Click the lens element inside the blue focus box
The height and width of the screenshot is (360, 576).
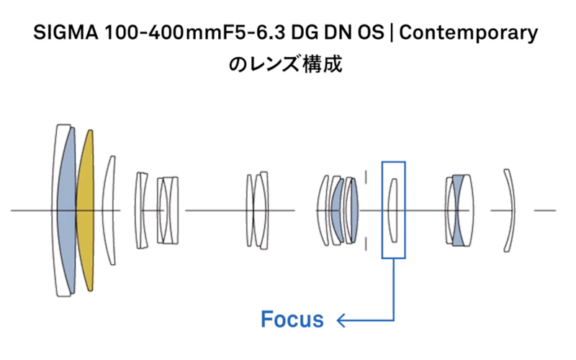tap(393, 210)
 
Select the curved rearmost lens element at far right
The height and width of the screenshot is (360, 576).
tap(510, 210)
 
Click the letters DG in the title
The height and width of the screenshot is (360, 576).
tap(302, 34)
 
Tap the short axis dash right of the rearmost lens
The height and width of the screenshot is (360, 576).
tap(545, 211)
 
